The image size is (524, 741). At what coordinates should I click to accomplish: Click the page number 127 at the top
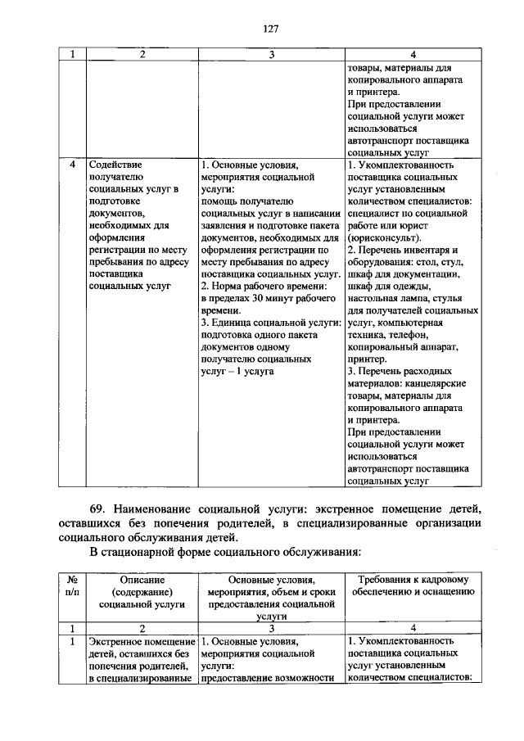coord(271,29)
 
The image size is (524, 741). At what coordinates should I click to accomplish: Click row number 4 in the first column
coord(72,164)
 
